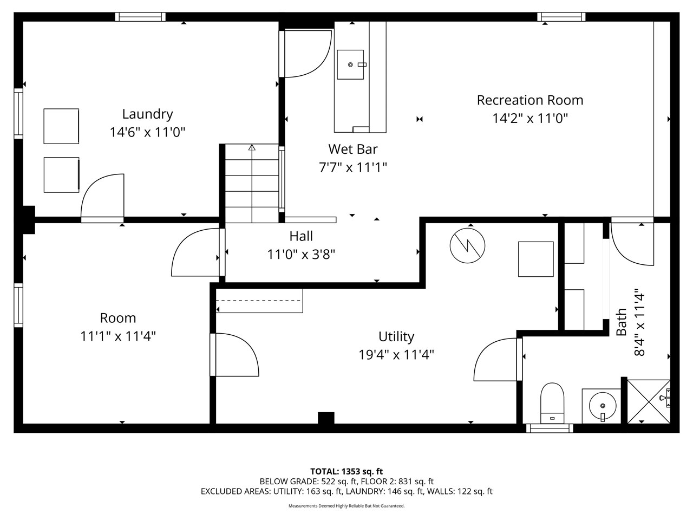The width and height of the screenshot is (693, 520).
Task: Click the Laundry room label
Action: (147, 114)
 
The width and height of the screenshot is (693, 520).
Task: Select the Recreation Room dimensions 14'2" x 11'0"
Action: (529, 118)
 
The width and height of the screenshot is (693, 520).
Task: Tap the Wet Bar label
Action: (352, 149)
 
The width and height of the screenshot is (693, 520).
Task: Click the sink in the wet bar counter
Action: (351, 64)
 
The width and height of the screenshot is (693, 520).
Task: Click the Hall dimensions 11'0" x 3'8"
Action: (301, 254)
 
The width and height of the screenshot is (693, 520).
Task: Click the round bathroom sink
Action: (602, 405)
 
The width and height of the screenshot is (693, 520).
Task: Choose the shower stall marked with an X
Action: (648, 401)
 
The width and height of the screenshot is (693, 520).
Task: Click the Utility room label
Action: (396, 336)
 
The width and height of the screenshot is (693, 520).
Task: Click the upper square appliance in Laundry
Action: (61, 126)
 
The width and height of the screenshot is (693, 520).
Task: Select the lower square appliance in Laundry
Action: (61, 175)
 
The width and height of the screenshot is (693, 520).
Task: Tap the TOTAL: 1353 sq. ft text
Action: (346, 471)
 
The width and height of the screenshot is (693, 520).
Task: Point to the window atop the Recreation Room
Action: (561, 17)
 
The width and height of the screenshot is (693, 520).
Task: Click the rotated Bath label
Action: (622, 322)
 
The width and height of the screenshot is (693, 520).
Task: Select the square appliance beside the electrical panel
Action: (536, 259)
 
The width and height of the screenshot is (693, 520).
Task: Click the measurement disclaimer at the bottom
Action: (346, 506)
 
